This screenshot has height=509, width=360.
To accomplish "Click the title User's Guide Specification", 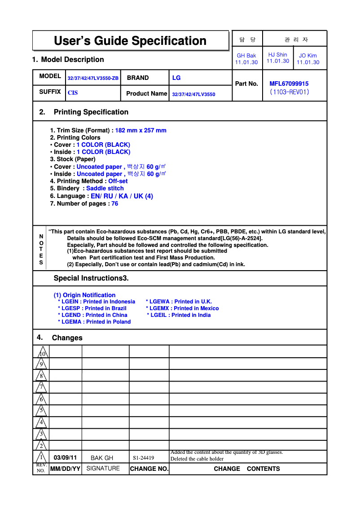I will coord(130,41).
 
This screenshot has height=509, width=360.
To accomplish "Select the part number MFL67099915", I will coord(289,83).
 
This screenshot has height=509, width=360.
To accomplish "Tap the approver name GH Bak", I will coord(246,56).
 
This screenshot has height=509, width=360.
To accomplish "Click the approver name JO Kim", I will coord(308,56).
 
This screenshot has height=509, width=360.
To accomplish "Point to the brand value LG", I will coord(176,78).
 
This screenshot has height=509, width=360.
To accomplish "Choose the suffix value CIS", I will coord(73,93).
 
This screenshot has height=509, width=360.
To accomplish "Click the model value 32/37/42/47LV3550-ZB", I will coord(93,78).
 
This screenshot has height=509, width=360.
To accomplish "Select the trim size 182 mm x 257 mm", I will coord(140,131).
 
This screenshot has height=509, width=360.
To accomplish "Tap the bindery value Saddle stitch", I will coord(105,189).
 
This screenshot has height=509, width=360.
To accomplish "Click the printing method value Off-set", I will coord(118,181).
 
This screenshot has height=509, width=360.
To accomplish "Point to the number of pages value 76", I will coord(115,204).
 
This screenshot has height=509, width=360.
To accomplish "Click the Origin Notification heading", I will coord(84,295).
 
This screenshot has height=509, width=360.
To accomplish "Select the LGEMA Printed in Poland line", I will coord(94,322).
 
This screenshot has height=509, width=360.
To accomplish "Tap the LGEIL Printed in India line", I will coord(179,315).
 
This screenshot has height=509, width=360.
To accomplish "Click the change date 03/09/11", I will coord(65,458).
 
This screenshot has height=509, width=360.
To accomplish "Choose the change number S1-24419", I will coord(143,458).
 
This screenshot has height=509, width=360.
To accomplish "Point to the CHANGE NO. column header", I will coord(149,469).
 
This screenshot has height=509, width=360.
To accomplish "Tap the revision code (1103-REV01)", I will coord(289,92).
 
